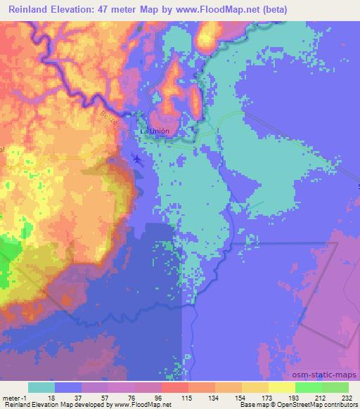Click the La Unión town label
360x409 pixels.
[155, 131]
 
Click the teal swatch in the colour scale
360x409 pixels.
[41, 387]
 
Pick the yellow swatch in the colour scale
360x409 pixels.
[281, 387]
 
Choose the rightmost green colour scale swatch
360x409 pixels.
[335, 387]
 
